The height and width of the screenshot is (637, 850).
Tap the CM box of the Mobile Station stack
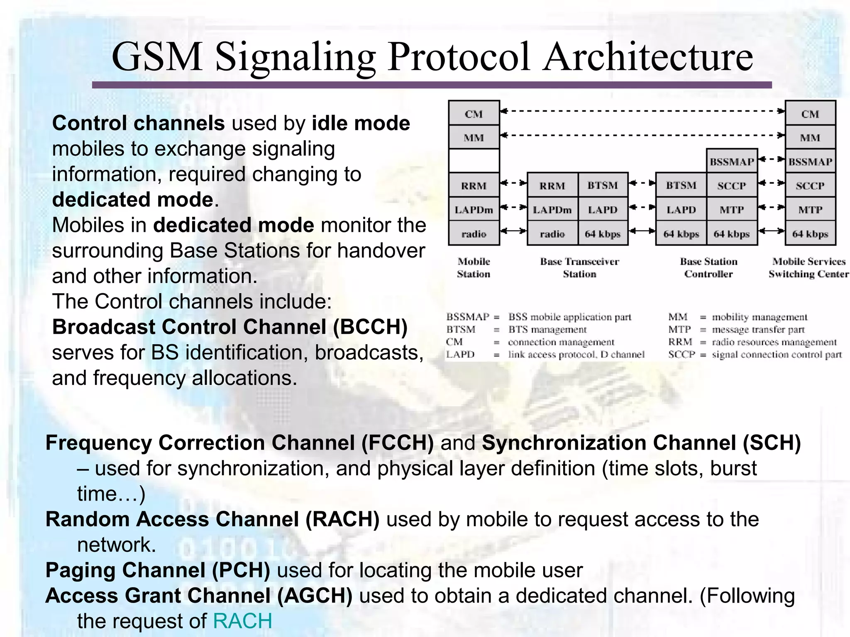474,114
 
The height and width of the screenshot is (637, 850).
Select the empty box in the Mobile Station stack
474,161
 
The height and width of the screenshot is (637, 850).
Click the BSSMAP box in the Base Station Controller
731,162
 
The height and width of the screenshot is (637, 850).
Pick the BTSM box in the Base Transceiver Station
602,185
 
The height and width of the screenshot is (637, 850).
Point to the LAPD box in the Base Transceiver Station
602,210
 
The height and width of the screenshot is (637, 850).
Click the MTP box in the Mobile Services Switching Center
810,210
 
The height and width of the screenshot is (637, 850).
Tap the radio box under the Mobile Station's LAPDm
474,234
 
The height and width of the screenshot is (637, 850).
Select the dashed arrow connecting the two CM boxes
642,111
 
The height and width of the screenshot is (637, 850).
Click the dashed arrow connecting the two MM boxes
642,135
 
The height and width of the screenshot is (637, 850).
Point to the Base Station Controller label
708,267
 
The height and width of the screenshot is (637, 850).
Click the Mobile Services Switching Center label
808,267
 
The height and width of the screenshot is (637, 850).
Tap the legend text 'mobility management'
760,317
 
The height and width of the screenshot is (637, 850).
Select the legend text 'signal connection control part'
777,355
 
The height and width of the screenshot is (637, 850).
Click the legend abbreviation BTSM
461,330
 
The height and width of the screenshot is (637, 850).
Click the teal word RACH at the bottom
242,621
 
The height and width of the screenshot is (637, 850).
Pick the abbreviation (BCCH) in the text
370,327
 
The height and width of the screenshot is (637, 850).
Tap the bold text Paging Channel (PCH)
158,570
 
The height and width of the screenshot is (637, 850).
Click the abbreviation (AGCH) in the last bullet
315,596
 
